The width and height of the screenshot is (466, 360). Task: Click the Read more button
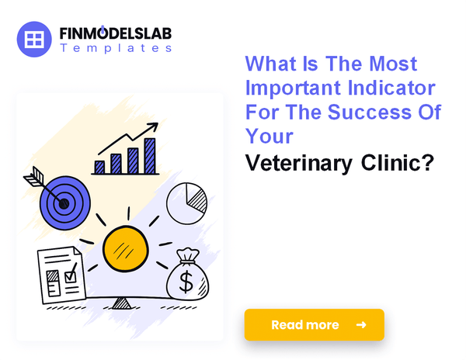[x=314, y=324]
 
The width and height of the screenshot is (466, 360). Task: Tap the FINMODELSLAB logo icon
[x=34, y=39]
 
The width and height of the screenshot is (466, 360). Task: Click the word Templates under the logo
[x=116, y=48]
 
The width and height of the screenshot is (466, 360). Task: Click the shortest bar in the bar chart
[x=99, y=166]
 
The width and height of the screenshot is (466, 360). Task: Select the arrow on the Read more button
[x=361, y=324]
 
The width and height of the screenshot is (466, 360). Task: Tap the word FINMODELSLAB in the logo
[x=116, y=33]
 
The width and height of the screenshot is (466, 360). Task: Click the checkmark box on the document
[x=70, y=274]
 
